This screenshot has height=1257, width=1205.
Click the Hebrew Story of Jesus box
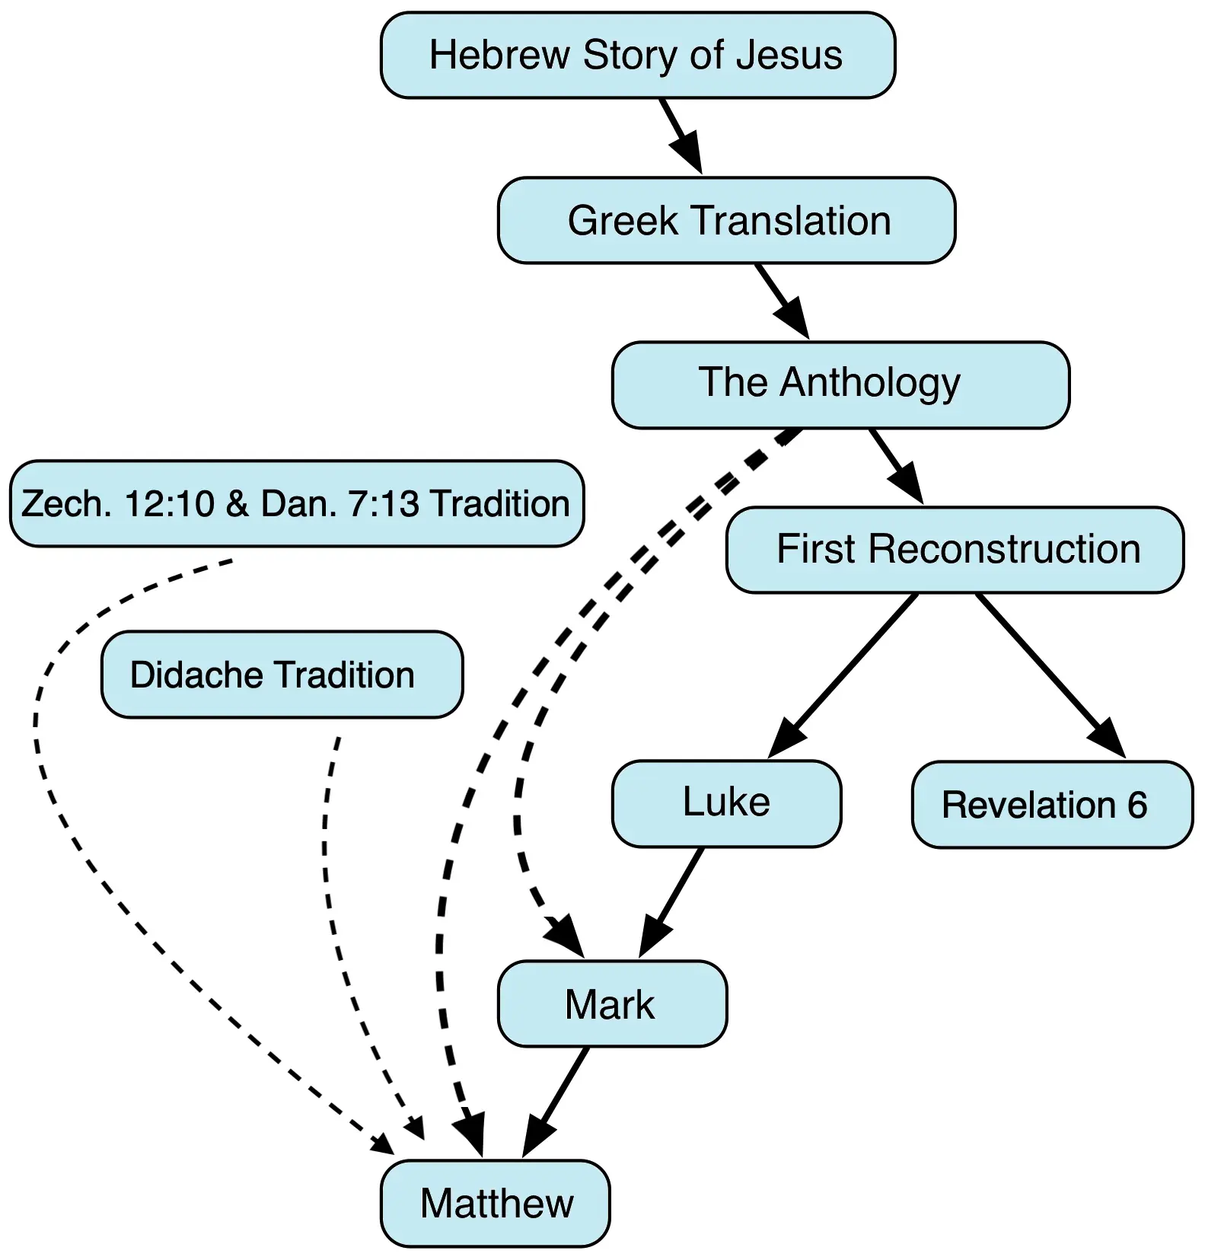[637, 56]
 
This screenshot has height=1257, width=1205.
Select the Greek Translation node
[726, 221]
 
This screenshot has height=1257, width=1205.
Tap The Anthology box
[840, 384]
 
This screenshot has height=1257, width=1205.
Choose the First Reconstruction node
[955, 550]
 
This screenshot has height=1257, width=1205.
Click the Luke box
[726, 803]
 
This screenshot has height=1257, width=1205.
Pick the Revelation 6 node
[1052, 805]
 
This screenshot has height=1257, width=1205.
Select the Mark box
[612, 1003]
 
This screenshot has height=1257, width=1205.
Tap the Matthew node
[496, 1203]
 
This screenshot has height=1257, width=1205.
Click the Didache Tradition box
[282, 675]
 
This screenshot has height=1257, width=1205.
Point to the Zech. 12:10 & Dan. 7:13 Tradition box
[297, 503]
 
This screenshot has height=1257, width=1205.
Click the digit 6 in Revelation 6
[1137, 805]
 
